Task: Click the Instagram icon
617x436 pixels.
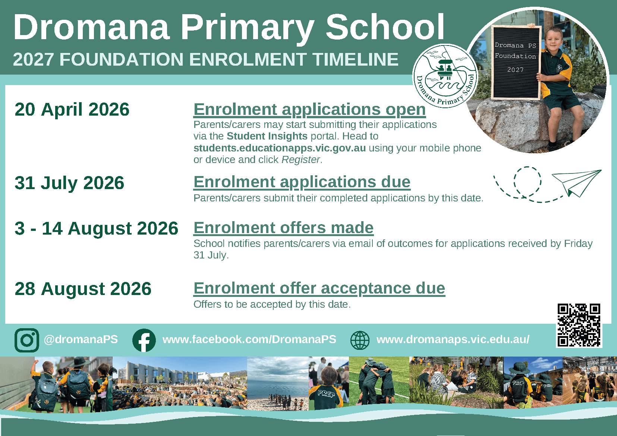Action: [27, 340]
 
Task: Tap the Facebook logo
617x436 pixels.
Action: [144, 340]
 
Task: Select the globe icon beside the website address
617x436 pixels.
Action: [360, 341]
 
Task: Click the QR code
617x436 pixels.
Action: [579, 325]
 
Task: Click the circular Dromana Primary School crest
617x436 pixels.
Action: [445, 76]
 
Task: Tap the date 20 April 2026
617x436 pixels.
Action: [72, 109]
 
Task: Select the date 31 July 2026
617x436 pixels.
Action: [69, 183]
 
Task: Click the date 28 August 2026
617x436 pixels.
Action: [83, 289]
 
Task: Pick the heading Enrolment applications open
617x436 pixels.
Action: [309, 109]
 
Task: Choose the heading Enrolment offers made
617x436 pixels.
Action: [283, 228]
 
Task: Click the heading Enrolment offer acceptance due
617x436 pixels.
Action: [319, 289]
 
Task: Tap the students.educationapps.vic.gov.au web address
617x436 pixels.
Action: [280, 148]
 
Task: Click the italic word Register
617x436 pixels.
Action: [300, 160]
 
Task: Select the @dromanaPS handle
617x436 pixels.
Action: [81, 339]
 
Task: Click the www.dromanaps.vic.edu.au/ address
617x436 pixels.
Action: [453, 339]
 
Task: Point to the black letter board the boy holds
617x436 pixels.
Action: [516, 62]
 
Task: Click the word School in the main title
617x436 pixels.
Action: [385, 28]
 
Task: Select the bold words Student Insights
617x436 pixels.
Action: [267, 136]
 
